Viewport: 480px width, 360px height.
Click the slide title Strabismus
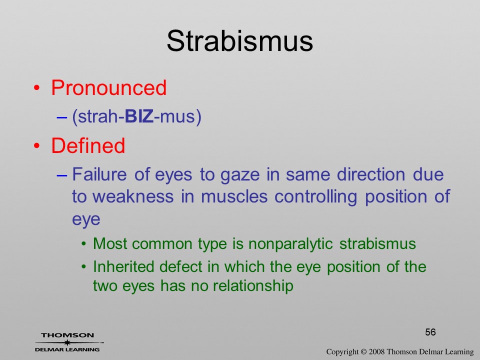point(239,41)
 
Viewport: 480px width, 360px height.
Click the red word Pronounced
point(108,87)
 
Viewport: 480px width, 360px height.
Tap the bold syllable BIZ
point(139,116)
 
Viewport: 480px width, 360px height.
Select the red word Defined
point(88,145)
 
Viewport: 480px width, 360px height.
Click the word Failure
point(99,174)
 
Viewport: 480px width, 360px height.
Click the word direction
point(371,174)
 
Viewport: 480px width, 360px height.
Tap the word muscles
point(234,196)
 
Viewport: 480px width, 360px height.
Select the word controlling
point(315,197)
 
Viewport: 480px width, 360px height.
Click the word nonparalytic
point(290,244)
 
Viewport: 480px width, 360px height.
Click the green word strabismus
point(377,243)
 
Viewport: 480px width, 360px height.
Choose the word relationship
point(253,286)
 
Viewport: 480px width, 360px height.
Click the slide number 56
point(430,332)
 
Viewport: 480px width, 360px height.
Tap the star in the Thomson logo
point(67,342)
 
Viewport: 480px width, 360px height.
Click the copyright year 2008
point(376,351)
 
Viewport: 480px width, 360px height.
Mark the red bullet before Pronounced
point(36,88)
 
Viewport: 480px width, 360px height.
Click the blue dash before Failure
point(62,175)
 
